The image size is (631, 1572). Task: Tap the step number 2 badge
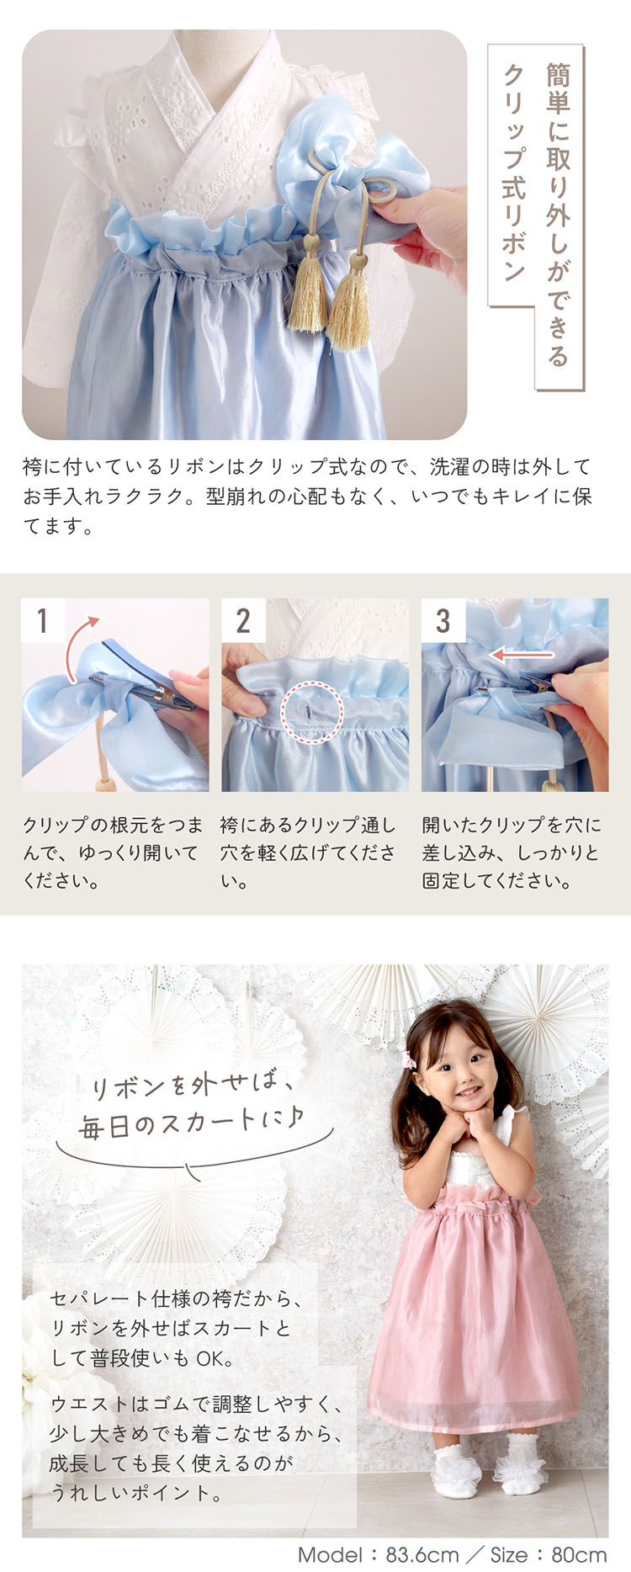click(x=243, y=621)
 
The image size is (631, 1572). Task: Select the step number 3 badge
click(x=443, y=621)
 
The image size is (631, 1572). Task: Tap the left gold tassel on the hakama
click(x=308, y=286)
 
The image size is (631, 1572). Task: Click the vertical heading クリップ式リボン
click(x=513, y=173)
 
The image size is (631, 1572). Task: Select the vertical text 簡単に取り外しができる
click(x=558, y=214)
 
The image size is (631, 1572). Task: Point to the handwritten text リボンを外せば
click(x=193, y=1084)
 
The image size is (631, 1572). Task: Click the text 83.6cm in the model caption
click(x=423, y=1554)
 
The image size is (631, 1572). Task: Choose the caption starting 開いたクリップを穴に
click(x=512, y=852)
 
